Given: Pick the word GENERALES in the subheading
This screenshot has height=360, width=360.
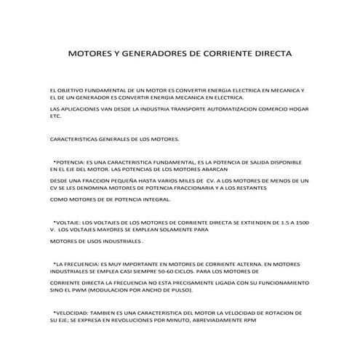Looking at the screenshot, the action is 113,138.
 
